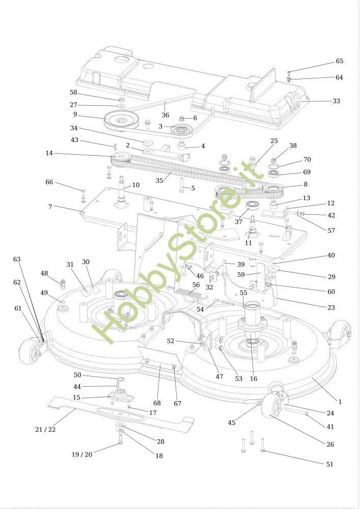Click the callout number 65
click(339, 61)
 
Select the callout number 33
click(336, 101)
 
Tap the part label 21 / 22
click(45, 430)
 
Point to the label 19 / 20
click(81, 455)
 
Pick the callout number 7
click(50, 207)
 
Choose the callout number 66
click(49, 182)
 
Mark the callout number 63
click(17, 259)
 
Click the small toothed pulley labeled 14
click(120, 162)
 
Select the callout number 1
click(340, 402)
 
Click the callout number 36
click(165, 115)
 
